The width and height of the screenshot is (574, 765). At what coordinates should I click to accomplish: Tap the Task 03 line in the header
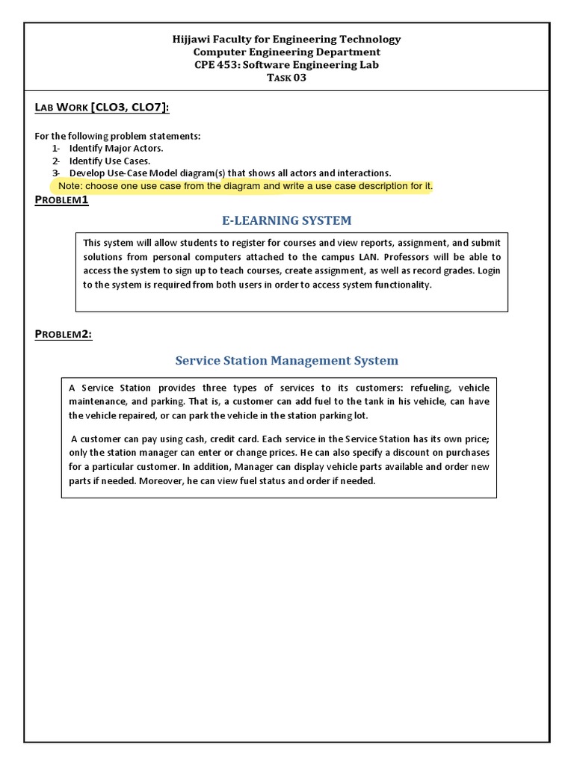[x=287, y=78]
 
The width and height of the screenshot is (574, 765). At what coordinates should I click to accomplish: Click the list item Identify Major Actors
[x=116, y=148]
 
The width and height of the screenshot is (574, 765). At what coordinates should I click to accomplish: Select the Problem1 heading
[x=62, y=199]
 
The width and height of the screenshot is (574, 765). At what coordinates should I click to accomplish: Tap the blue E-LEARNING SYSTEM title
[x=287, y=220]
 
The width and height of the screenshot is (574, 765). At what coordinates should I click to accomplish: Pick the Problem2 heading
[x=64, y=334]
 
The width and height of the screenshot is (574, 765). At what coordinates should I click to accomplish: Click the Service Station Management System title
[x=287, y=361]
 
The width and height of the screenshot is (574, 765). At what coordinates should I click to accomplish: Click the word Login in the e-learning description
[x=489, y=270]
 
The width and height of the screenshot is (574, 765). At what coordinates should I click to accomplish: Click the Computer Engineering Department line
[x=287, y=52]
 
